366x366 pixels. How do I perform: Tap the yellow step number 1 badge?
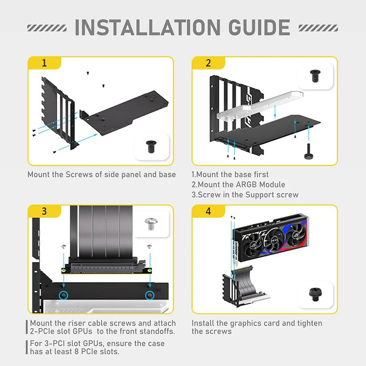coord(44,63)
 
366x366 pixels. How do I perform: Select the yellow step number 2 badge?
coord(208,63)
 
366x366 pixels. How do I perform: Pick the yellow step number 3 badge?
coord(44,211)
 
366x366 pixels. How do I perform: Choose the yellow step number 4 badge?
coord(208,211)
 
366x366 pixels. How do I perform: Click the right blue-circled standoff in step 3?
coord(150,295)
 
